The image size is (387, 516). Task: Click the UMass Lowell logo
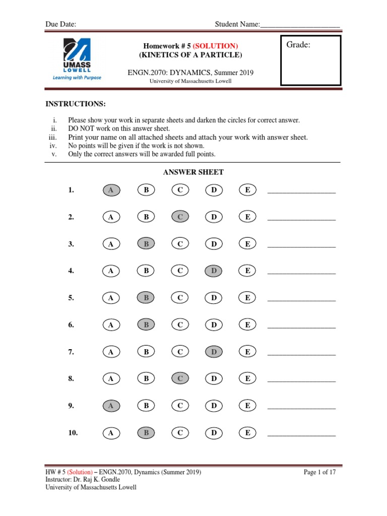click(x=77, y=60)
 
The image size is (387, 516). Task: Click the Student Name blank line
click(x=300, y=24)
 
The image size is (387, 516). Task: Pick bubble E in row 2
click(x=247, y=217)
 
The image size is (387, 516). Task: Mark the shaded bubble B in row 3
click(x=146, y=244)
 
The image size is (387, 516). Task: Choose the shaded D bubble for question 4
click(x=214, y=271)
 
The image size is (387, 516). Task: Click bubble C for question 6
click(x=180, y=325)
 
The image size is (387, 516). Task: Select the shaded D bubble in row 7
click(x=214, y=352)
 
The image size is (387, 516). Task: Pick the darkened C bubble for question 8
click(x=180, y=378)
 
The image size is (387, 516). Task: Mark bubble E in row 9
click(x=247, y=406)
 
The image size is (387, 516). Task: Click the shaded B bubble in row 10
click(x=146, y=432)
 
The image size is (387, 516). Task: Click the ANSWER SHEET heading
click(x=193, y=172)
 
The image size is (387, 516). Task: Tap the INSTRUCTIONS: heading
click(x=76, y=104)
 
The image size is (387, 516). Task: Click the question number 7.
click(x=71, y=352)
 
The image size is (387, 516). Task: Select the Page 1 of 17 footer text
click(x=319, y=472)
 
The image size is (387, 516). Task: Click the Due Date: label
click(x=61, y=24)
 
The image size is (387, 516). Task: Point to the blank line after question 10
click(x=301, y=434)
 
